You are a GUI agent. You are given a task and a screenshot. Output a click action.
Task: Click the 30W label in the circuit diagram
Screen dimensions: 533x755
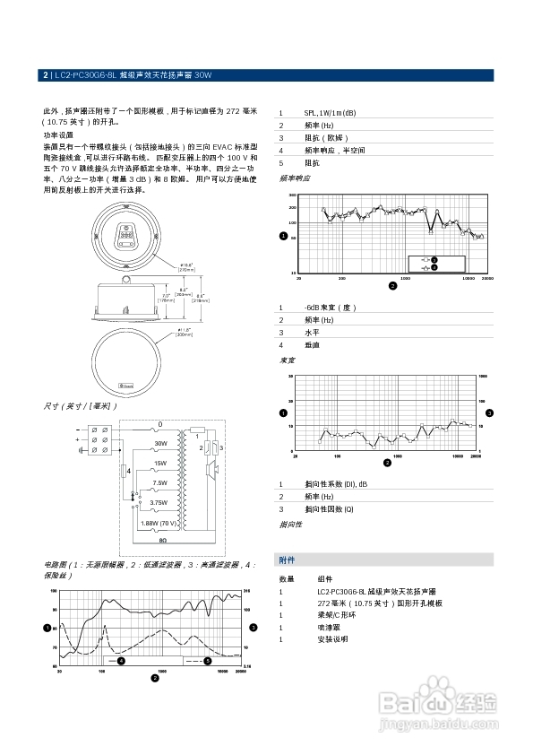[x=161, y=444]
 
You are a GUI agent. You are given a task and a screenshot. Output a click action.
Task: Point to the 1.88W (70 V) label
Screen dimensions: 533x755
[x=161, y=522]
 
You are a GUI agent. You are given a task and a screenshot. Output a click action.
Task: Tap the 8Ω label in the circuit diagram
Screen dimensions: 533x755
[x=162, y=542]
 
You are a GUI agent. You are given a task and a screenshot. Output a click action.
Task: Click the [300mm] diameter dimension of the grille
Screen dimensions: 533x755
[x=185, y=333]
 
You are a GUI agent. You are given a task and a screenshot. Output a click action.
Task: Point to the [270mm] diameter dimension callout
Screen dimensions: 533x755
[x=186, y=269]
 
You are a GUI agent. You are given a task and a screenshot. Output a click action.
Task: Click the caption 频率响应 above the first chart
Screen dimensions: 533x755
[x=296, y=178]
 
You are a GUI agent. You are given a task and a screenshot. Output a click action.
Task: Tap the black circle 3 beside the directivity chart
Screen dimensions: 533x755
[x=489, y=412]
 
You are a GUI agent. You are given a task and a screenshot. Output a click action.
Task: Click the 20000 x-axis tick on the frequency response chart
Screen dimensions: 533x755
[x=487, y=279]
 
